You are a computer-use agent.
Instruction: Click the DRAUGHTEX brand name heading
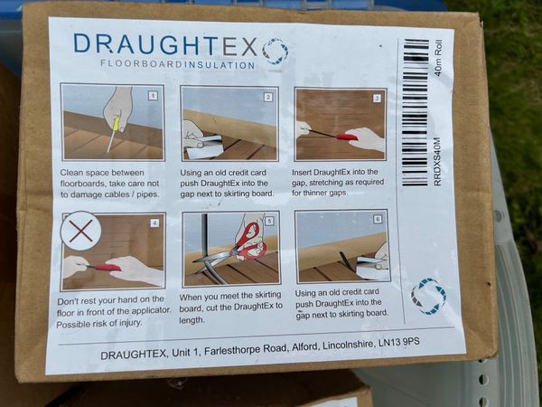point(165,44)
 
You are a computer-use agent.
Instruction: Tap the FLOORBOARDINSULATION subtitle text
point(178,64)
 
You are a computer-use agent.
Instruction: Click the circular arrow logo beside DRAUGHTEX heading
point(276,52)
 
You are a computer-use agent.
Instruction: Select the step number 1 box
point(153,96)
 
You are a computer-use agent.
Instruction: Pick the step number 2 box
point(268,98)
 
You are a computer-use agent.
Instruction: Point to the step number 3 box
point(377,99)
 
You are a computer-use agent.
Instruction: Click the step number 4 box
point(154,222)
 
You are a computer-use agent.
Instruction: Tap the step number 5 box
point(269,222)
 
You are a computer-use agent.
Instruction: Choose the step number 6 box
point(378,219)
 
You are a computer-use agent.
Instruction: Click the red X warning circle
point(80,231)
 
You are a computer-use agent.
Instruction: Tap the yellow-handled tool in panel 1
point(114,133)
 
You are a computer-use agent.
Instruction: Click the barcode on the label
point(416,112)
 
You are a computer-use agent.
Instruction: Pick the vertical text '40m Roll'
point(438,58)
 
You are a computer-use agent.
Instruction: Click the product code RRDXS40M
point(437,161)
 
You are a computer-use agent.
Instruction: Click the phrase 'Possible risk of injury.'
point(99,324)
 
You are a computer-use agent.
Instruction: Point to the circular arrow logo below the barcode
point(428,297)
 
